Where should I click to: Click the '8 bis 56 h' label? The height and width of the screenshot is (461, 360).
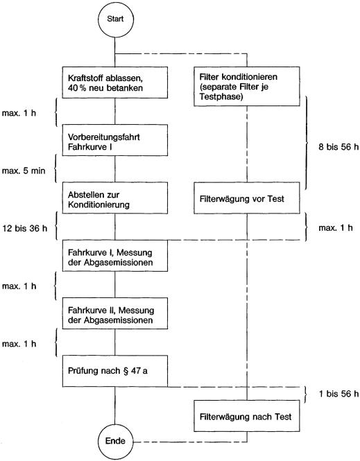[x=338, y=147]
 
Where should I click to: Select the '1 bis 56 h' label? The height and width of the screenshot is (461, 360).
[x=338, y=394]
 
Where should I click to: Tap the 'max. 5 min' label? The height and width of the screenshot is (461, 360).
[x=24, y=171]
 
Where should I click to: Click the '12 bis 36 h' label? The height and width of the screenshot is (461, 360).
[x=25, y=228]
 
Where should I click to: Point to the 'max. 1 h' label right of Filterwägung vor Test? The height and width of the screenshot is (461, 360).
[x=336, y=228]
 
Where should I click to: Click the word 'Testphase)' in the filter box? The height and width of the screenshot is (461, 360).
[x=221, y=97]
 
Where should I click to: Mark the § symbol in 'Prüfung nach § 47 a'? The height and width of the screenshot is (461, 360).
[x=126, y=371]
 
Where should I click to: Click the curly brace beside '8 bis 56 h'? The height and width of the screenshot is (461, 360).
[x=308, y=143]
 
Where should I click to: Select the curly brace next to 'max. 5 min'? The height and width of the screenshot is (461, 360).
[x=55, y=168]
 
